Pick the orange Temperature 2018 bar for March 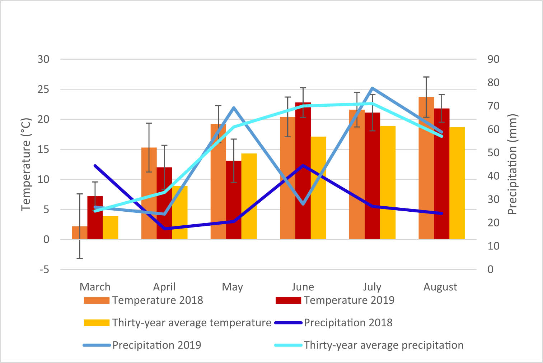[x=79, y=233]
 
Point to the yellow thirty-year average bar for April [x=180, y=212]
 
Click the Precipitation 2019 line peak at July [x=373, y=88]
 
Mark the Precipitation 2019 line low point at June [x=303, y=204]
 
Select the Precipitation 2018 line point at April [x=165, y=229]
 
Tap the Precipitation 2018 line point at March [x=95, y=166]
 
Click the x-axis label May [x=232, y=287]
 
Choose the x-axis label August [x=440, y=287]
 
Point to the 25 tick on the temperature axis [x=43, y=89]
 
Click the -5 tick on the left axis [x=44, y=270]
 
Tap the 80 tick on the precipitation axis [x=493, y=82]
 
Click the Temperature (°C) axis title [x=26, y=164]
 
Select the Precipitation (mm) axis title [x=512, y=164]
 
